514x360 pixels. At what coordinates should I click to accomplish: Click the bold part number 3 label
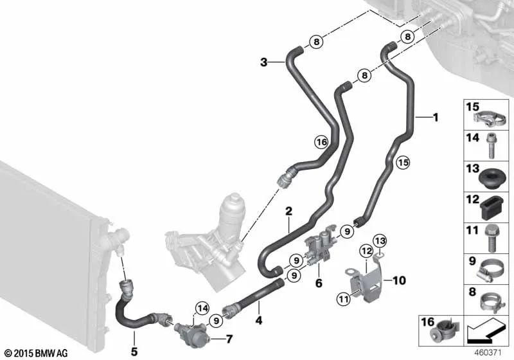tap(263, 62)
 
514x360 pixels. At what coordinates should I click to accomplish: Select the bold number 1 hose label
tap(435, 117)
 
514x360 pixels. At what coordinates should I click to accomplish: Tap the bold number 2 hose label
tap(289, 211)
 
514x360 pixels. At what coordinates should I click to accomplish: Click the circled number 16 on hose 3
tap(321, 142)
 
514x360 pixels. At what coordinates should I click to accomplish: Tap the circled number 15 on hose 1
tap(402, 163)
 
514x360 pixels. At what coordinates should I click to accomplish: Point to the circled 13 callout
tap(380, 240)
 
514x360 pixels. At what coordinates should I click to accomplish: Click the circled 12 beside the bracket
tap(366, 250)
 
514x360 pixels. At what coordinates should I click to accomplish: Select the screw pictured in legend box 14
tap(492, 145)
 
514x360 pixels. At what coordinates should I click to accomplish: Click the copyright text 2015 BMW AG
tap(35, 353)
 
